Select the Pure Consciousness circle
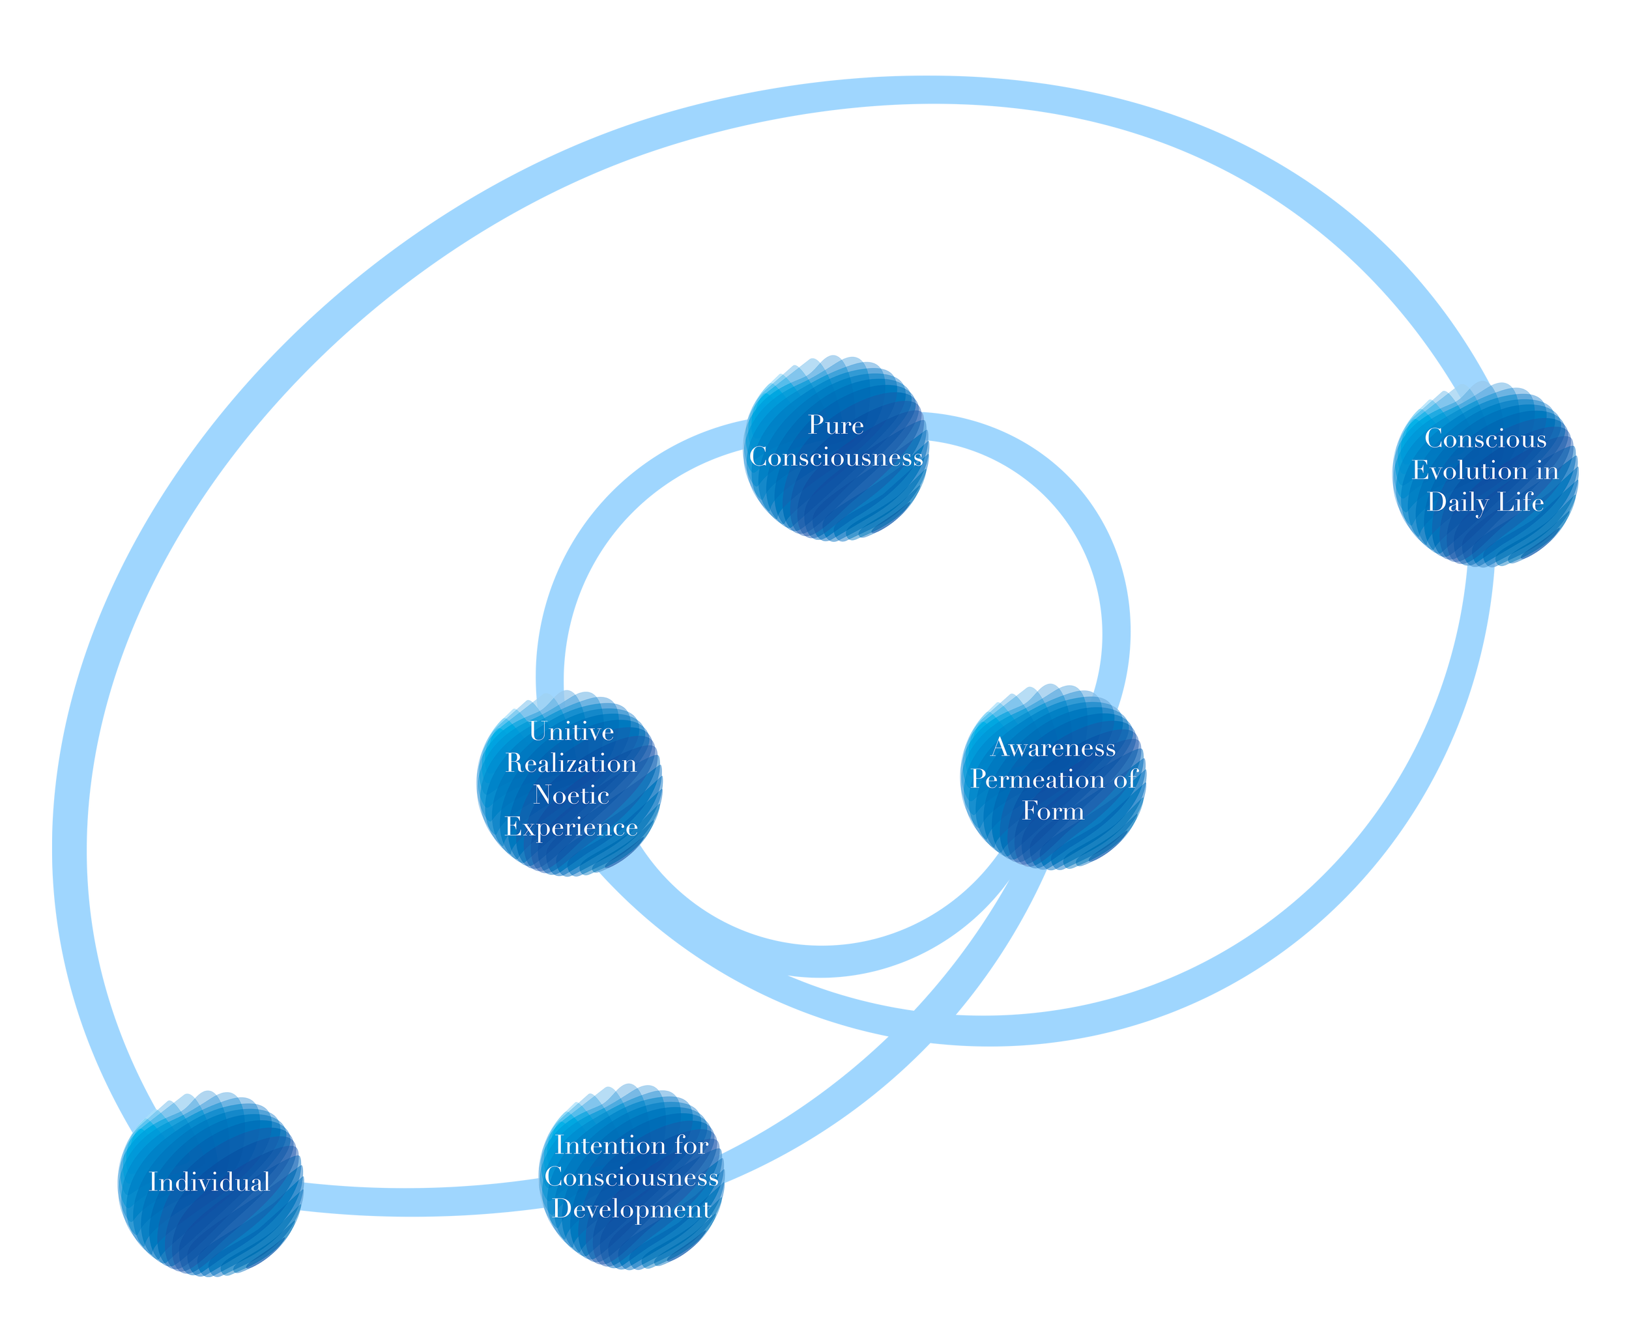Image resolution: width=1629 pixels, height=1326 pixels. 836,449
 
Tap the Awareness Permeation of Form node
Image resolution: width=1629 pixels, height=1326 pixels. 1053,778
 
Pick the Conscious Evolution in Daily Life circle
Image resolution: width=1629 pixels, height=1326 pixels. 1486,475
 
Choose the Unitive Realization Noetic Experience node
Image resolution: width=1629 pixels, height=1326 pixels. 570,783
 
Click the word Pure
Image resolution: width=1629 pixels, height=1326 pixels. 836,425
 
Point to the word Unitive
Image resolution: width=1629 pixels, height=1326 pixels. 571,732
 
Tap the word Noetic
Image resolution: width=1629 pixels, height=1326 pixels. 571,795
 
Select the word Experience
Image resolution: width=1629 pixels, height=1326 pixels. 571,827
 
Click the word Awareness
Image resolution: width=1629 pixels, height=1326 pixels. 1053,748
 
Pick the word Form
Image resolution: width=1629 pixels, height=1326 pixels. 1053,811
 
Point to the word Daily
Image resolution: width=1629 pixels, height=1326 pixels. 1456,503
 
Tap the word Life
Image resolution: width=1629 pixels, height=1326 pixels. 1520,502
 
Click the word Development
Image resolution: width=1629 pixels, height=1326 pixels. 632,1210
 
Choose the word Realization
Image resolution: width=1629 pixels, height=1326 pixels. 571,763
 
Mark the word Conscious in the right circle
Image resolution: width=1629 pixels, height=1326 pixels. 1486,438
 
